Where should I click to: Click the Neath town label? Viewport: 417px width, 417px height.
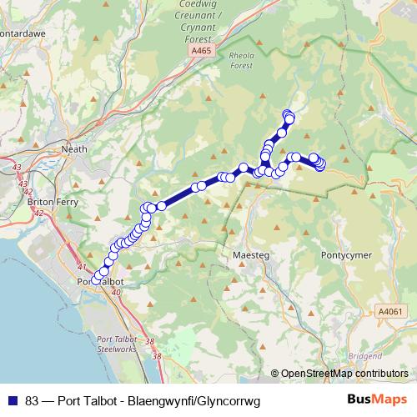pyautogui.click(x=74, y=150)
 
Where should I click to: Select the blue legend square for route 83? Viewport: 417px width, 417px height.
pyautogui.click(x=12, y=400)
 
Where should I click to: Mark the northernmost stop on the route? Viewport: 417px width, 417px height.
pyautogui.click(x=288, y=114)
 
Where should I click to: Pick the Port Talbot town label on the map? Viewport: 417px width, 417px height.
pyautogui.click(x=100, y=283)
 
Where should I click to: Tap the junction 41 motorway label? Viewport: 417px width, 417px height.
pyautogui.click(x=82, y=266)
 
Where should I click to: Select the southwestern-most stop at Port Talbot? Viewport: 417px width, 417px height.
pyautogui.click(x=98, y=278)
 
